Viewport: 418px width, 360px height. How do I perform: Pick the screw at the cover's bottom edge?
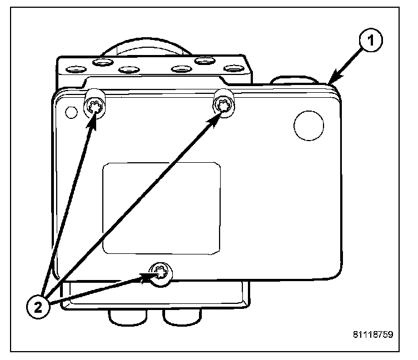[x=162, y=273]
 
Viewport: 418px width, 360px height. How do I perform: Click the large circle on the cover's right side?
[x=308, y=126]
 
